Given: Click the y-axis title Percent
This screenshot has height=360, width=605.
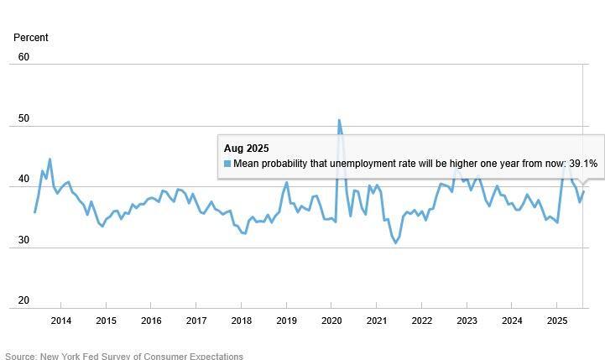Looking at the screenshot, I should (31, 38).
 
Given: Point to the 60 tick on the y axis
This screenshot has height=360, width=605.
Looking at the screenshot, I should (23, 57).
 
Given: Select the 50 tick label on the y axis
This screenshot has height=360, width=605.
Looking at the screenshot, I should (23, 118).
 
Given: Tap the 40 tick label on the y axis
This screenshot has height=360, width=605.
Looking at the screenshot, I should (23, 180).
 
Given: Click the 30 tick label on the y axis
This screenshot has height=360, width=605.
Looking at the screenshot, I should (23, 241).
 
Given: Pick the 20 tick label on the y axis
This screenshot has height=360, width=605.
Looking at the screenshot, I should (23, 300).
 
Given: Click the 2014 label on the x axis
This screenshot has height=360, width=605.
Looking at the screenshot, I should (60, 321).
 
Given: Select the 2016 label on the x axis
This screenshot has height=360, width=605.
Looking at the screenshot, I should (151, 321).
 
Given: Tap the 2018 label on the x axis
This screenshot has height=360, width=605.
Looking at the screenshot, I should (241, 321).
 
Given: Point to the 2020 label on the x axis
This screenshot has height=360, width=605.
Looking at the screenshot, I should (331, 321).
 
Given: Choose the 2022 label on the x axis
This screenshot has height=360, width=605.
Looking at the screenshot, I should (421, 321).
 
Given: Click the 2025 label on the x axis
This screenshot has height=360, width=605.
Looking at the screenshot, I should (557, 321).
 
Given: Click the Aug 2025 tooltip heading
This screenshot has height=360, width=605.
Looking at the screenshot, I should (246, 149).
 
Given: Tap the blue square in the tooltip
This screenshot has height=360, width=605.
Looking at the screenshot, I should (227, 164).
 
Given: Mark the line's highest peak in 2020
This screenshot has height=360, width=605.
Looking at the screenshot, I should (339, 120).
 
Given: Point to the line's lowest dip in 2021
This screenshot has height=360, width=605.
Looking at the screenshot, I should (395, 243).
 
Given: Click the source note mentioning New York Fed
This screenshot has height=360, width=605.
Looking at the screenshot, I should (124, 356).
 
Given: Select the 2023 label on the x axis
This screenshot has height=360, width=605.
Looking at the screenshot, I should (467, 321).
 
